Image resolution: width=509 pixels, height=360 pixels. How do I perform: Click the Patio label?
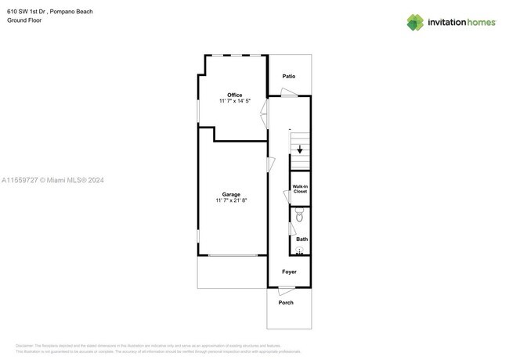pyautogui.click(x=288, y=77)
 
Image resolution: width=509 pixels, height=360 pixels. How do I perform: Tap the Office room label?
pyautogui.click(x=235, y=95)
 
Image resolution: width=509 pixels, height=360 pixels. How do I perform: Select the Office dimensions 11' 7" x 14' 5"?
pyautogui.click(x=235, y=101)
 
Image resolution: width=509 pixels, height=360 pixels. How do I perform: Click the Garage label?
pyautogui.click(x=231, y=194)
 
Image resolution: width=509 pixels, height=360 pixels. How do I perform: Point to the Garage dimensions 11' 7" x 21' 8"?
pyautogui.click(x=231, y=200)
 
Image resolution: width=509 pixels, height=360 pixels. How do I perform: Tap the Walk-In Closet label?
pyautogui.click(x=301, y=189)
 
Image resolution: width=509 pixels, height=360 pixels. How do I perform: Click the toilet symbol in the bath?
pyautogui.click(x=299, y=214)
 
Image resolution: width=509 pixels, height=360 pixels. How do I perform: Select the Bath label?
pyautogui.click(x=301, y=239)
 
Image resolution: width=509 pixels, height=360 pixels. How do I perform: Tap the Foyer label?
pyautogui.click(x=289, y=272)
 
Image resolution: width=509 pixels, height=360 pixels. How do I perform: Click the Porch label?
pyautogui.click(x=286, y=302)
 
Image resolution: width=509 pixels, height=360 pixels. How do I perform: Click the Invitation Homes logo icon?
pyautogui.click(x=415, y=22)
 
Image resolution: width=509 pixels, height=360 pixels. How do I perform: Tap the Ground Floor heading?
pyautogui.click(x=23, y=20)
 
